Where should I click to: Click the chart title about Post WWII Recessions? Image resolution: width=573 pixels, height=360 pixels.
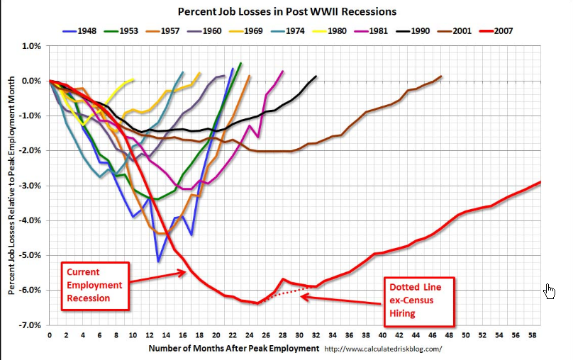coord(287,12)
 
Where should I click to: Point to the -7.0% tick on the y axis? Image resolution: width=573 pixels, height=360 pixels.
coord(32,325)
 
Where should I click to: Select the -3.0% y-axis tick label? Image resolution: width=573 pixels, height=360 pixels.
coord(32,186)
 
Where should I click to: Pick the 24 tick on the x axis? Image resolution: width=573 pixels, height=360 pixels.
coord(249,334)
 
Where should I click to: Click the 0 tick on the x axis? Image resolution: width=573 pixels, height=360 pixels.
coord(49,334)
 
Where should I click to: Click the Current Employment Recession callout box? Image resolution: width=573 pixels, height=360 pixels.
coord(94,285)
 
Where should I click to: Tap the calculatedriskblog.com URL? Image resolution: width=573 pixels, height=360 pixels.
coord(383,349)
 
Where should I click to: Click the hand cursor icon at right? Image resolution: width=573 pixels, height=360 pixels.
coord(549,291)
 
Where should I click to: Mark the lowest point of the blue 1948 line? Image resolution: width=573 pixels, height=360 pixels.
coord(158,261)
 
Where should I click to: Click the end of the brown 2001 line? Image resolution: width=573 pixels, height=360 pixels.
coord(441,76)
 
